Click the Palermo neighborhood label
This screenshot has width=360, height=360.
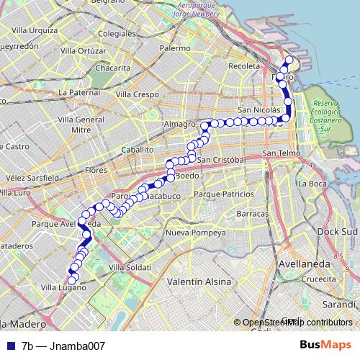[176, 48]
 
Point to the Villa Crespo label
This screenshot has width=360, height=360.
[135, 94]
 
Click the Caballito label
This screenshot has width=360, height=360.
[138, 149]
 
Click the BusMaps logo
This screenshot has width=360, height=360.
[330, 345]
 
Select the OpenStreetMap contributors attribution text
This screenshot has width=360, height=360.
[297, 323]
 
